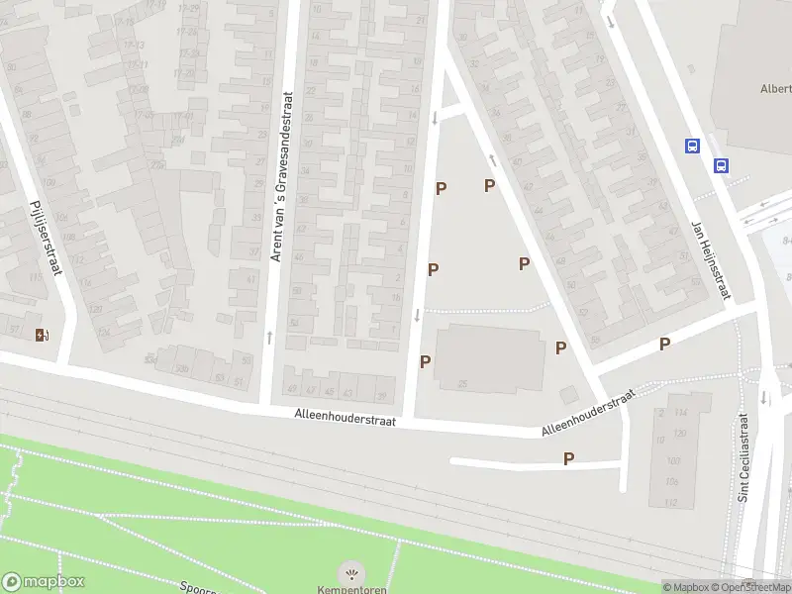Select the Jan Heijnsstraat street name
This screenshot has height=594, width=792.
[711, 260]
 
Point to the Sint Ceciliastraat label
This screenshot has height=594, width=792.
[744, 458]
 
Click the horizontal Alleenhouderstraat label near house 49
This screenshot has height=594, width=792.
[346, 421]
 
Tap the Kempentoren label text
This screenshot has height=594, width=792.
[350, 590]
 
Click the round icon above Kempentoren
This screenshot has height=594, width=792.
[350, 572]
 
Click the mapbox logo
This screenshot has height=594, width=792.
[44, 582]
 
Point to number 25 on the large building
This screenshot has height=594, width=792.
[462, 383]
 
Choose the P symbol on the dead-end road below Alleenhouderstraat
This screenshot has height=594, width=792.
[568, 458]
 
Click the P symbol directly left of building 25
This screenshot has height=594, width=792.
[425, 361]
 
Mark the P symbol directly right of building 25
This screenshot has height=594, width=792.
[560, 347]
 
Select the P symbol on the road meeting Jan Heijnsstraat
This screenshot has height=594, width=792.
[665, 344]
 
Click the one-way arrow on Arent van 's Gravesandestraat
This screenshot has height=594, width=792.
[270, 338]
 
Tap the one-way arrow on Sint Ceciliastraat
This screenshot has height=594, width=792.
[764, 398]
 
